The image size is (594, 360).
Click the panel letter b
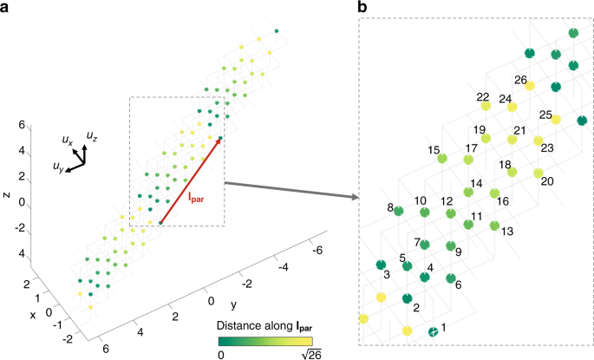363,9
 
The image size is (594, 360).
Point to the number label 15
434,150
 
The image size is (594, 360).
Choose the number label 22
483,97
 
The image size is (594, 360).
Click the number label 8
390,206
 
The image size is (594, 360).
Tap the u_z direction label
91,135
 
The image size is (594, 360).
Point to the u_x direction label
67,139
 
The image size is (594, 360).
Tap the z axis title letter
7,194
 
